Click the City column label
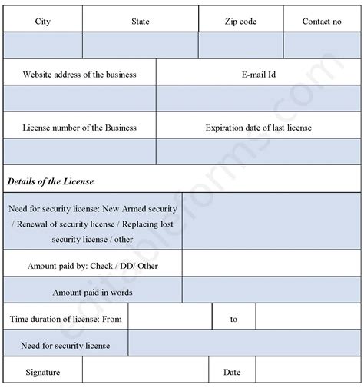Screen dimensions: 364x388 tap(43, 22)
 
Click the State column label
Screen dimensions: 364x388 tap(140, 22)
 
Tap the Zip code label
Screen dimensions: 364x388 tap(240, 22)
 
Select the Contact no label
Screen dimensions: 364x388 tap(322, 22)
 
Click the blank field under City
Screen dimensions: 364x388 tap(43, 46)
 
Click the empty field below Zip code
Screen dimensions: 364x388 tap(240, 46)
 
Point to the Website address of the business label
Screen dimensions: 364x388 tap(80, 75)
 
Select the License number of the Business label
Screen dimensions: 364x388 tap(80, 128)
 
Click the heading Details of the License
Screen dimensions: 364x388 tap(51, 181)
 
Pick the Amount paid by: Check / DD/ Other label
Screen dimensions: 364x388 tap(92, 266)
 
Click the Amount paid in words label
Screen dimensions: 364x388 tap(92, 292)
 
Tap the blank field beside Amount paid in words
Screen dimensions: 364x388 tap(271, 291)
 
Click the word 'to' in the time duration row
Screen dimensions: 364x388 tap(233, 319)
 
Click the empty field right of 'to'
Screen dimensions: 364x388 tap(307, 318)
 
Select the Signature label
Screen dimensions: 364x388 tap(42, 373)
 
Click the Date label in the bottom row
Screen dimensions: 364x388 tap(232, 373)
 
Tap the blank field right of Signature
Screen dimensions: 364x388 tap(145, 373)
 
